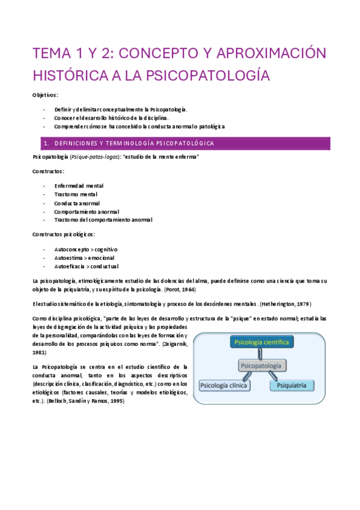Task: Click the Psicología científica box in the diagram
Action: [x=261, y=342]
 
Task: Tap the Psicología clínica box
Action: [x=224, y=386]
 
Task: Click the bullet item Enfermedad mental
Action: [x=78, y=186]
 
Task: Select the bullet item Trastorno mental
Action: [x=76, y=194]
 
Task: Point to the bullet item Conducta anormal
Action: [x=77, y=203]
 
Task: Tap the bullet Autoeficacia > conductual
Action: [x=86, y=266]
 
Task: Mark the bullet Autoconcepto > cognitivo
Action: [x=85, y=249]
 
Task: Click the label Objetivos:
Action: [x=45, y=96]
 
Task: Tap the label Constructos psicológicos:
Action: [x=63, y=234]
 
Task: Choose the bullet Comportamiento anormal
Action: [x=86, y=212]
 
